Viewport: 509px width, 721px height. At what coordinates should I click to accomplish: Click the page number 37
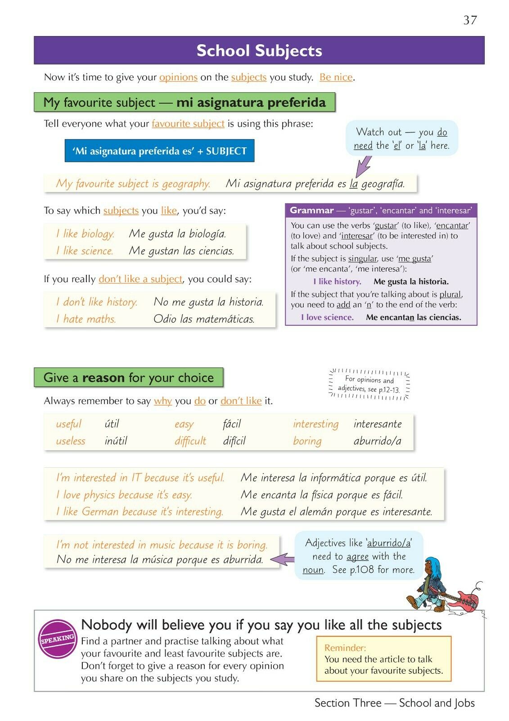[x=470, y=20]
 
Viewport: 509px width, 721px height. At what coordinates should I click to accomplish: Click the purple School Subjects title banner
[x=259, y=50]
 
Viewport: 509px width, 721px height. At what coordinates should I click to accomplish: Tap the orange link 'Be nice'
[x=336, y=77]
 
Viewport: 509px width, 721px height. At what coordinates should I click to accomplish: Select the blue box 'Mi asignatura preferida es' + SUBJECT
[x=159, y=151]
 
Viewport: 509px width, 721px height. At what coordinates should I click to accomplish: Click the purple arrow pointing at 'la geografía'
[x=363, y=167]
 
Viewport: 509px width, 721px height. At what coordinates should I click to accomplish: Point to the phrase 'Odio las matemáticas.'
[x=204, y=319]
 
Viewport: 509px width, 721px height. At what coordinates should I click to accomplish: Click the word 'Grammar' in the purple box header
[x=311, y=210]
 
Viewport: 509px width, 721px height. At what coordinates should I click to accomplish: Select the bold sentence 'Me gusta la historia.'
[x=411, y=282]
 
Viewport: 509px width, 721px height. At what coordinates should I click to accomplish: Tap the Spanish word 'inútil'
[x=116, y=441]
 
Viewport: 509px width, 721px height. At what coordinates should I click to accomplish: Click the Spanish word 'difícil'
[x=234, y=441]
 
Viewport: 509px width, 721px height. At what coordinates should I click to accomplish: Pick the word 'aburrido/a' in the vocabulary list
[x=377, y=441]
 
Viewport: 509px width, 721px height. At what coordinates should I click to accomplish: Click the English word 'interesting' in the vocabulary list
[x=315, y=424]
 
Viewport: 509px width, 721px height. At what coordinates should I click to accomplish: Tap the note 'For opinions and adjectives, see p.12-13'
[x=369, y=384]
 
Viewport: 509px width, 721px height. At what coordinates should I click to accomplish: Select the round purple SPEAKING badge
[x=57, y=639]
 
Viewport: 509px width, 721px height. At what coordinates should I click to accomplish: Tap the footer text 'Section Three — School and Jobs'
[x=394, y=703]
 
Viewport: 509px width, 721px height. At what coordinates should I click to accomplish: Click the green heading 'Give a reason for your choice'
[x=128, y=378]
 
